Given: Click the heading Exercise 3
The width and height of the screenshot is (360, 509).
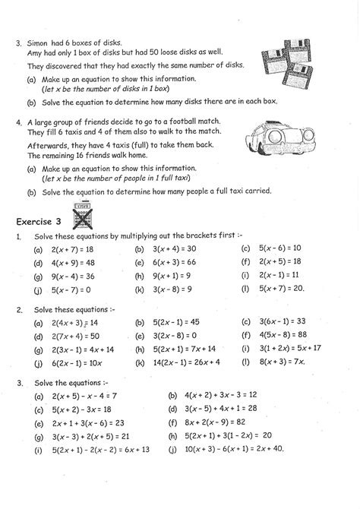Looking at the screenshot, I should click(43, 221).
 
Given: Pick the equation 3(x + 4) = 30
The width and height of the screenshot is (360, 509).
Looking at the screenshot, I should click(174, 248).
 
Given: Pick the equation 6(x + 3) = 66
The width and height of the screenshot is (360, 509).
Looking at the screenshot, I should click(174, 262).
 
